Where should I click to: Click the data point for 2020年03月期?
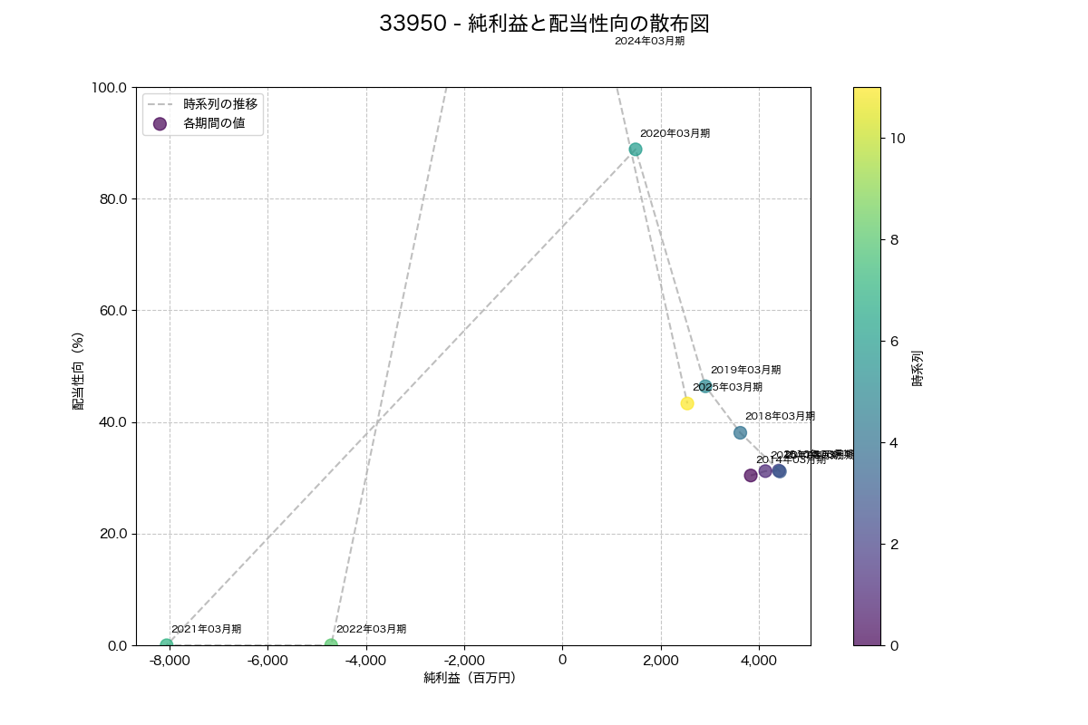pyautogui.click(x=636, y=150)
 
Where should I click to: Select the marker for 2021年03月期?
pyautogui.click(x=167, y=645)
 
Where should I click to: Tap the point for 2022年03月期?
pyautogui.click(x=331, y=645)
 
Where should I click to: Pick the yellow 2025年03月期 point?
pyautogui.click(x=687, y=403)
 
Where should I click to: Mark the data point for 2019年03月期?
pyautogui.click(x=705, y=386)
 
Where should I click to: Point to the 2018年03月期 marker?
pyautogui.click(x=740, y=432)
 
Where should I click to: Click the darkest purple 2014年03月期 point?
pyautogui.click(x=751, y=476)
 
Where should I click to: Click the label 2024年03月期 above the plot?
pyautogui.click(x=649, y=41)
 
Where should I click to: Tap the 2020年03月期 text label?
pyautogui.click(x=675, y=133)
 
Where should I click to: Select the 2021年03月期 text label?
pyautogui.click(x=206, y=629)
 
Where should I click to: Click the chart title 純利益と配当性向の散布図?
pyautogui.click(x=544, y=24)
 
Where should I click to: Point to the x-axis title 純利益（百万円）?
pyautogui.click(x=470, y=678)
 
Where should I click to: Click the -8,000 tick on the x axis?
pyautogui.click(x=170, y=660)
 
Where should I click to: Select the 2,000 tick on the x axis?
pyautogui.click(x=660, y=660)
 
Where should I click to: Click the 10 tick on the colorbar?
pyautogui.click(x=899, y=138)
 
